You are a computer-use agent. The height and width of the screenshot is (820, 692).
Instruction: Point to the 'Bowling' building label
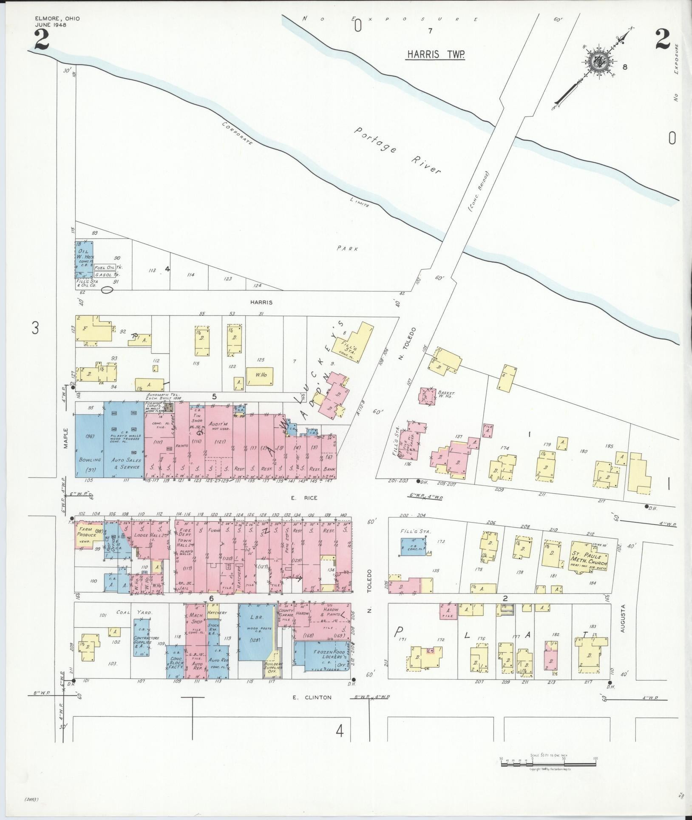89,460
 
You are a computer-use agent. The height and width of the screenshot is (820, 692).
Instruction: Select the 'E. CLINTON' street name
312,697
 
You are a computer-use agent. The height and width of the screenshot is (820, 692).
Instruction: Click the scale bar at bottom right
548,764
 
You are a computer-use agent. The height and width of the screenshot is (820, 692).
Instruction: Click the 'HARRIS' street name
261,303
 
